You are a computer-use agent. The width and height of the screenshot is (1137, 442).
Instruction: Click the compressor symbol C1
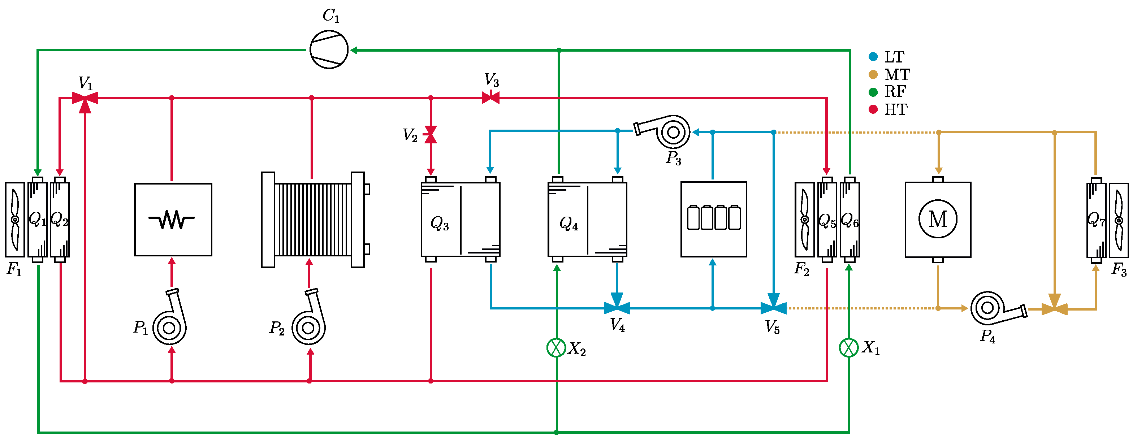coord(329,49)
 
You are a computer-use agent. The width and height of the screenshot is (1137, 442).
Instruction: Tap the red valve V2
coord(430,135)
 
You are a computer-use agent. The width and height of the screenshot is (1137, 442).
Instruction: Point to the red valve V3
coord(490,97)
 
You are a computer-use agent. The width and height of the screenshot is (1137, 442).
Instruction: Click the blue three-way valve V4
coord(617,307)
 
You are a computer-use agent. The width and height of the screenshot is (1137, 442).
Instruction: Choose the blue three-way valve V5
coord(773,307)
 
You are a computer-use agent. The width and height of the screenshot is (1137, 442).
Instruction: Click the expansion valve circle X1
coord(848,348)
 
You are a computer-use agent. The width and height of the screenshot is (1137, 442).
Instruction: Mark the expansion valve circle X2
coord(556,348)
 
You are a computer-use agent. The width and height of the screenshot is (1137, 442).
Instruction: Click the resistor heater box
coord(173,219)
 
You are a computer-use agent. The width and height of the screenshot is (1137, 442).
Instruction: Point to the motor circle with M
coord(938,219)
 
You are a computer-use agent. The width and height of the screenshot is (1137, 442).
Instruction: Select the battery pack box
coord(713,219)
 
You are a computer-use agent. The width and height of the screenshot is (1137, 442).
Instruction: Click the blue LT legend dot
coord(873,56)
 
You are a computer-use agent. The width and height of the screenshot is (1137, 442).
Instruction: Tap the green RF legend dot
coord(873,92)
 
